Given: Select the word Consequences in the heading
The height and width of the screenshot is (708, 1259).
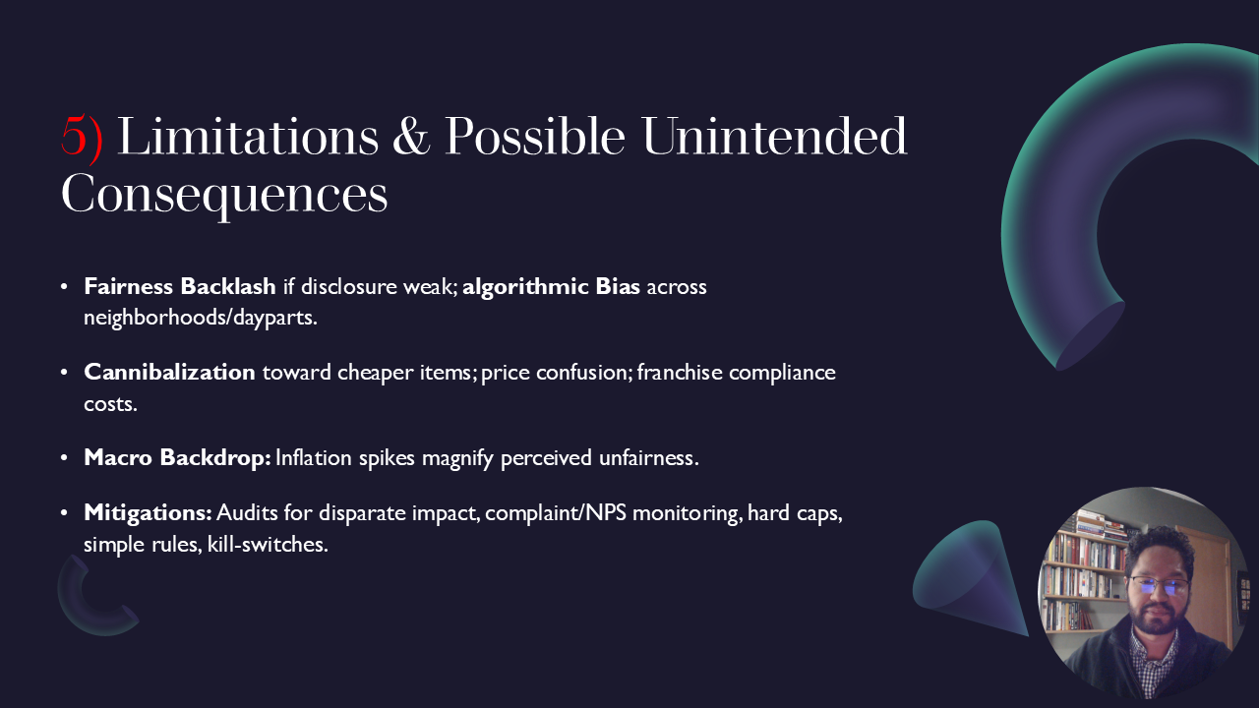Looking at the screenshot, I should (x=224, y=194).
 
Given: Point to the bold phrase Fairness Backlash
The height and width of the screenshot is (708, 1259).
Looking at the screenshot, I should (x=180, y=287).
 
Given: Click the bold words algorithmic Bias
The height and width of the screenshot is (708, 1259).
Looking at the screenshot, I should (x=552, y=287).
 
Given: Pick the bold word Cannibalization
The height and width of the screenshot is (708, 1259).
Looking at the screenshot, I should (x=169, y=373).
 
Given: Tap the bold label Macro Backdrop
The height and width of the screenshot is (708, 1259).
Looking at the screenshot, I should (x=177, y=458).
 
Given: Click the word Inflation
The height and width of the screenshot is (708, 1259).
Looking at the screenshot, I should (x=314, y=458).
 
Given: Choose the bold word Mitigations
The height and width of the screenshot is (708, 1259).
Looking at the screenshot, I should (x=148, y=513).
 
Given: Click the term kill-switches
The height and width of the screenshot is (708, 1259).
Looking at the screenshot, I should (x=267, y=544).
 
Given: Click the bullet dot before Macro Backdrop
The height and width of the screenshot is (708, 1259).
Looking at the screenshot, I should (x=65, y=458).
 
